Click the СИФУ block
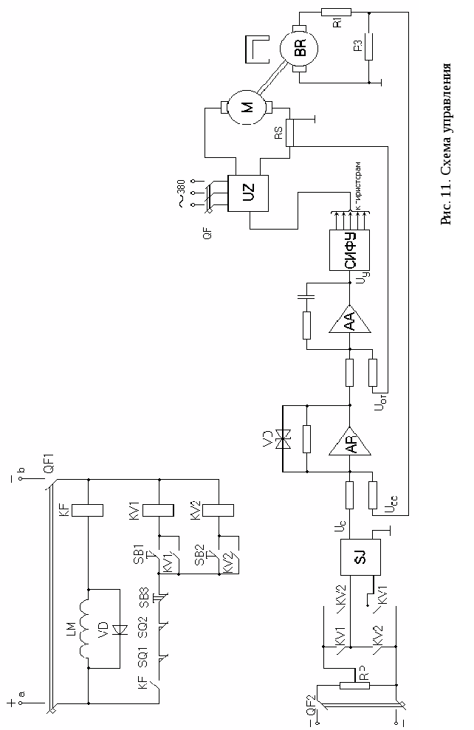[x=351, y=249]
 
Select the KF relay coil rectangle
[x=88, y=509]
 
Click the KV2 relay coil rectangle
[x=219, y=509]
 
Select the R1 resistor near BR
[x=337, y=11]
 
